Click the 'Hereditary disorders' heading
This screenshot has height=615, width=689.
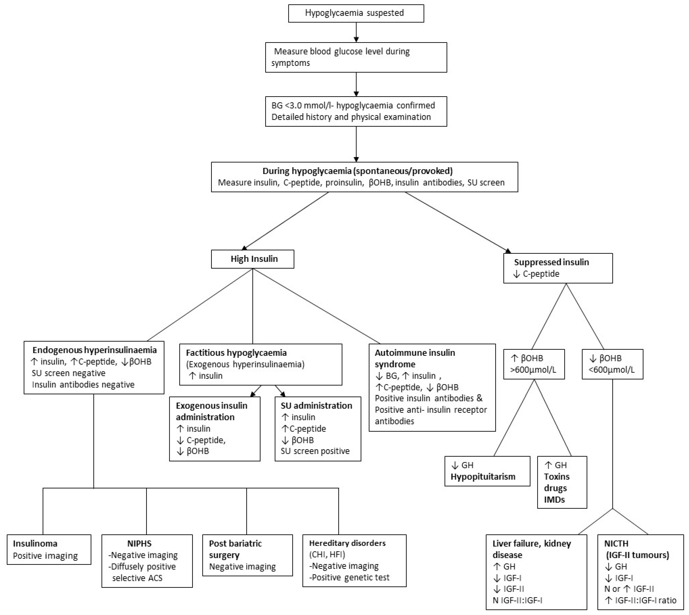click(347, 543)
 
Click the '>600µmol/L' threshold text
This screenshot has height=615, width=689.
click(533, 370)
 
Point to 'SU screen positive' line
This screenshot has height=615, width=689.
click(315, 451)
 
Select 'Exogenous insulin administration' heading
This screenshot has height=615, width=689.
click(211, 411)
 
